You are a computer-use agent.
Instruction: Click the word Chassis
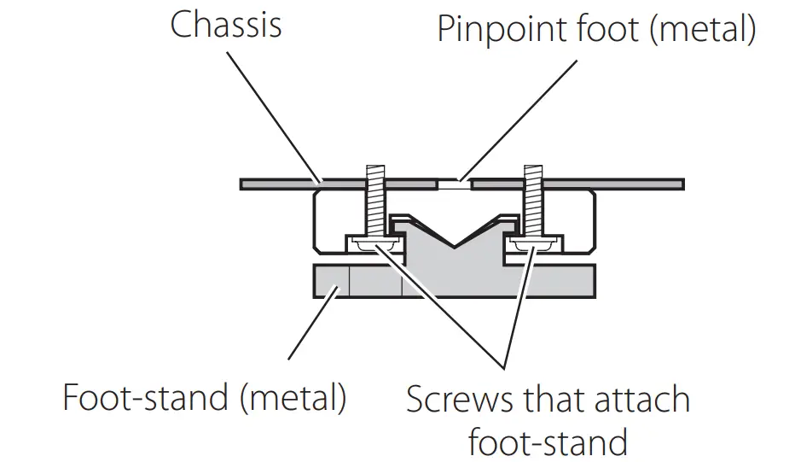[x=226, y=25]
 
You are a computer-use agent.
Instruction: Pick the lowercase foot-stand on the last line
[x=547, y=442]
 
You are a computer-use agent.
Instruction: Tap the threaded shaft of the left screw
[x=375, y=205]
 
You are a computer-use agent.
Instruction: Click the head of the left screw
[x=376, y=245]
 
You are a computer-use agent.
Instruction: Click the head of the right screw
[x=535, y=245]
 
